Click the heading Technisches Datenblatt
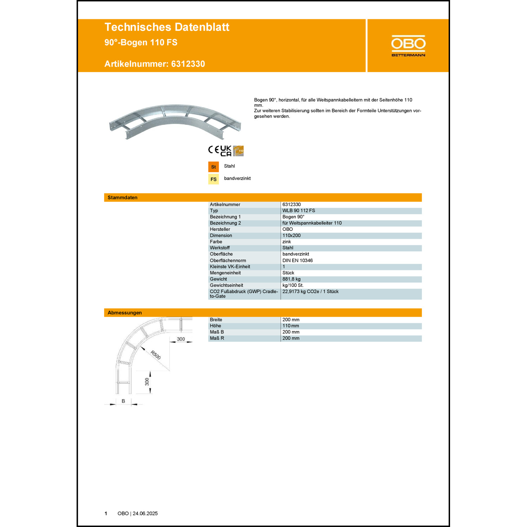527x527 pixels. pos(167,27)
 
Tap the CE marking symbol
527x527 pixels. pos(213,150)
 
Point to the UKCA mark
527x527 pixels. pos(226,151)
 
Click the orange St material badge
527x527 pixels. pos(213,167)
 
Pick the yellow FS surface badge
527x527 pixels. pos(213,179)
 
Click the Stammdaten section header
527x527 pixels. pos(123,197)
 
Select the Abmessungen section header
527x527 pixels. pos(125,313)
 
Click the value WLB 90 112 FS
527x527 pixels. pos(299,211)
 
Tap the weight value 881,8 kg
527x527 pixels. pos(291,279)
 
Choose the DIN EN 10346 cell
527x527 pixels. pos(297,260)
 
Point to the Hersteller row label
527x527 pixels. pos(220,229)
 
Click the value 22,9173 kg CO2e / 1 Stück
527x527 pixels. pos(310,292)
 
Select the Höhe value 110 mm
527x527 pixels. pos(291,326)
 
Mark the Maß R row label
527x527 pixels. pos(217,338)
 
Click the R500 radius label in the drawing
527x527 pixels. pos(156,355)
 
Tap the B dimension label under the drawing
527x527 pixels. pos(123,401)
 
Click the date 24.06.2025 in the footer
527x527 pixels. pos(145,514)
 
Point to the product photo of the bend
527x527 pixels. pos(175,122)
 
